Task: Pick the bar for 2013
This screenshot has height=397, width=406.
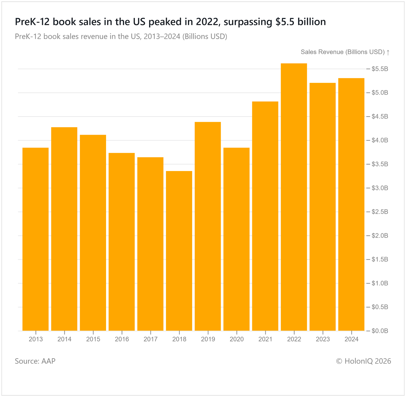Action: [36, 239]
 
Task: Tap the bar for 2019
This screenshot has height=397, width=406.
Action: [208, 226]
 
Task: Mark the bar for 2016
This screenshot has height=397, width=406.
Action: [122, 242]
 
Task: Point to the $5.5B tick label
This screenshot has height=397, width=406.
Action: [380, 69]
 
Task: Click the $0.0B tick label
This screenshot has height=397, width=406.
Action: [380, 331]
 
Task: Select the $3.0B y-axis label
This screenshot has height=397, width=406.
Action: [380, 188]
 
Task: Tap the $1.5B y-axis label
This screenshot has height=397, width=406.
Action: [380, 259]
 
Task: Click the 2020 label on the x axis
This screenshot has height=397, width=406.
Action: [236, 339]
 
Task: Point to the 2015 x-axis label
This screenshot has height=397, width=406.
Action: [93, 339]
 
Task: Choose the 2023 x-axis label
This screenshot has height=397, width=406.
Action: [323, 339]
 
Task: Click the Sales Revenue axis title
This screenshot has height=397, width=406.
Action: [343, 52]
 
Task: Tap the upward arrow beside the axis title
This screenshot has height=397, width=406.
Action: [388, 52]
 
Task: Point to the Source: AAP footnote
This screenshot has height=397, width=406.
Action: [35, 361]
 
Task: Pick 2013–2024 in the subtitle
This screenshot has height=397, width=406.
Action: [162, 37]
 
